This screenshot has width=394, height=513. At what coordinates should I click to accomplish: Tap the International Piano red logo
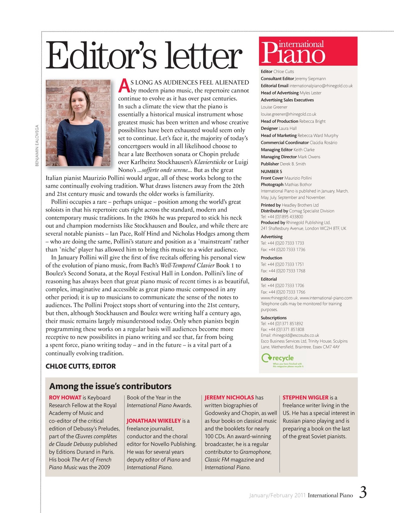(308, 51)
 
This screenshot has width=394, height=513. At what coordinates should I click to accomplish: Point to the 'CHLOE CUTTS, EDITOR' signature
(81, 366)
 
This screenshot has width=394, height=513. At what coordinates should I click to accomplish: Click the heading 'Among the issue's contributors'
(110, 386)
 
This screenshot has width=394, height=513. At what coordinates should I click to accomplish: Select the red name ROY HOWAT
(65, 398)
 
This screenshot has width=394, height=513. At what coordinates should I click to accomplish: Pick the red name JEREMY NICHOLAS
(229, 398)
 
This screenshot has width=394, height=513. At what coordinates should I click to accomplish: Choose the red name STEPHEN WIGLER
(305, 398)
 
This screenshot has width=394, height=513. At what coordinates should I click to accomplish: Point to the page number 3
(362, 493)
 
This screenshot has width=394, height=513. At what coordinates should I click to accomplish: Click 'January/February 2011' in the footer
(277, 495)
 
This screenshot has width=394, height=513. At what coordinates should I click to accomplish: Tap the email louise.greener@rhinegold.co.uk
(289, 114)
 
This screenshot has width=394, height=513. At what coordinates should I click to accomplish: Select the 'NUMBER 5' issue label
(271, 171)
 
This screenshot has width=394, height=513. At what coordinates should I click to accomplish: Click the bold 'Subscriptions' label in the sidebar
(274, 317)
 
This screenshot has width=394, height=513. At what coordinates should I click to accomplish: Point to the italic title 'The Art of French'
(91, 460)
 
